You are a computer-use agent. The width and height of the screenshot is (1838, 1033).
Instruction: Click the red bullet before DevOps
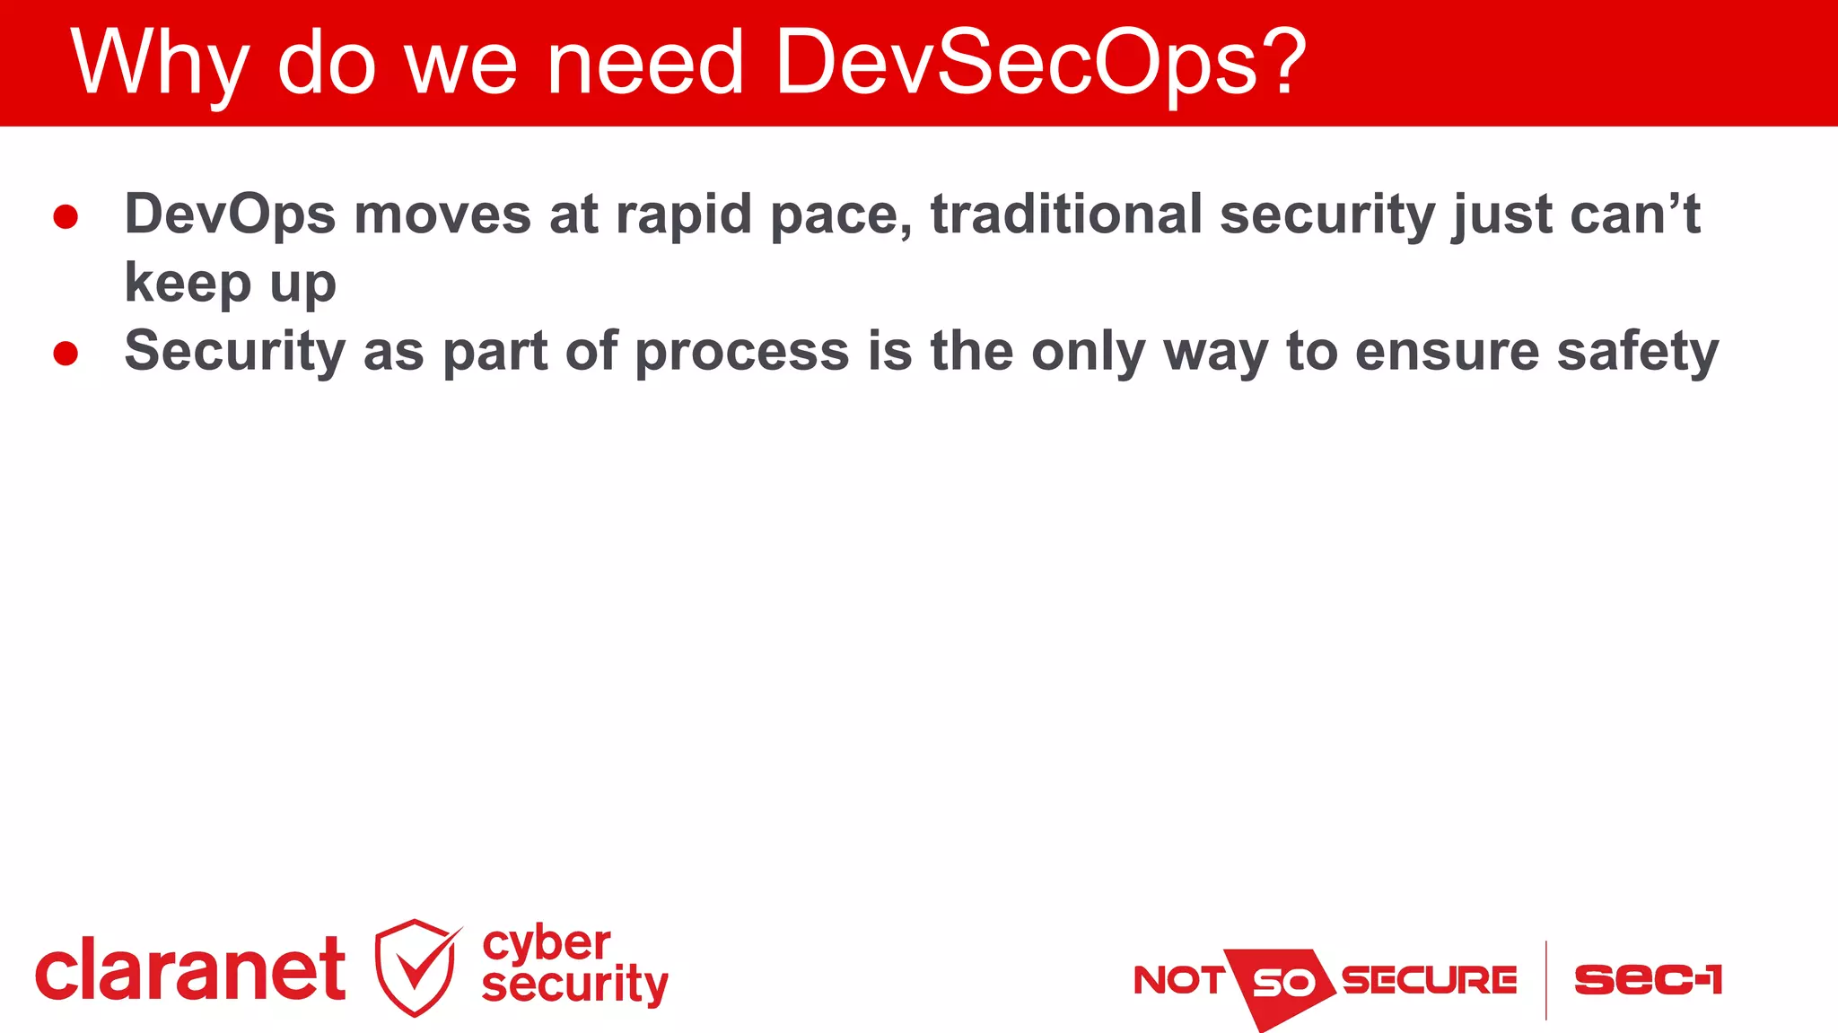tap(66, 216)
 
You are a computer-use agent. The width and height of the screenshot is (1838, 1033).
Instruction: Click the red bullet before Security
tap(66, 353)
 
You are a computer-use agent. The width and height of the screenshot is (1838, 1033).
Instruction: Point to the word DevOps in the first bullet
tap(230, 215)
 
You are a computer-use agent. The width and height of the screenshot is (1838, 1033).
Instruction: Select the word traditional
tap(1066, 215)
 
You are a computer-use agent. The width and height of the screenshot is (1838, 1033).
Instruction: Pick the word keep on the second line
tap(188, 284)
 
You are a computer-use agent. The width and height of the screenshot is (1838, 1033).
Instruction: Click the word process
tap(742, 352)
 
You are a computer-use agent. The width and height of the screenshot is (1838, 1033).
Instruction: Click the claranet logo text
tap(190, 970)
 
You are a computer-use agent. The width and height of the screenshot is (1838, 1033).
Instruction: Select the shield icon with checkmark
tap(416, 967)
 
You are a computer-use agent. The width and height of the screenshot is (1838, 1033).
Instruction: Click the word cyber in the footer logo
tap(547, 944)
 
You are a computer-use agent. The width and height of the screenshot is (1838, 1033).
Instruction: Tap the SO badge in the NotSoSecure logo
tap(1282, 983)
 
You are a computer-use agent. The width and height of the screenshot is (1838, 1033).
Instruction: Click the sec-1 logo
tap(1649, 979)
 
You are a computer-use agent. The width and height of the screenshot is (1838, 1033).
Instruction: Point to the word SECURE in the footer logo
tap(1429, 980)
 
